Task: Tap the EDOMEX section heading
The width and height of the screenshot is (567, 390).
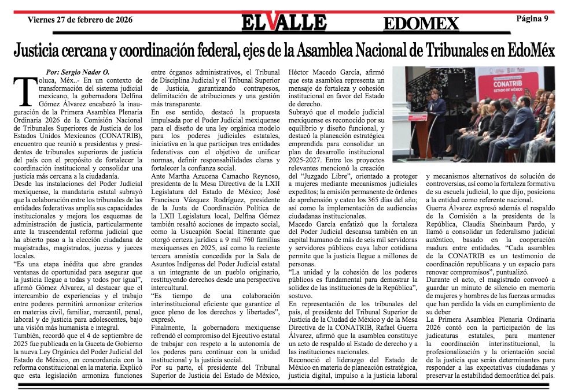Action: click(x=421, y=23)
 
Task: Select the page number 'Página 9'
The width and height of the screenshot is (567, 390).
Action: click(x=532, y=19)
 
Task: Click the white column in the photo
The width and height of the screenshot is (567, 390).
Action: click(x=402, y=110)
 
